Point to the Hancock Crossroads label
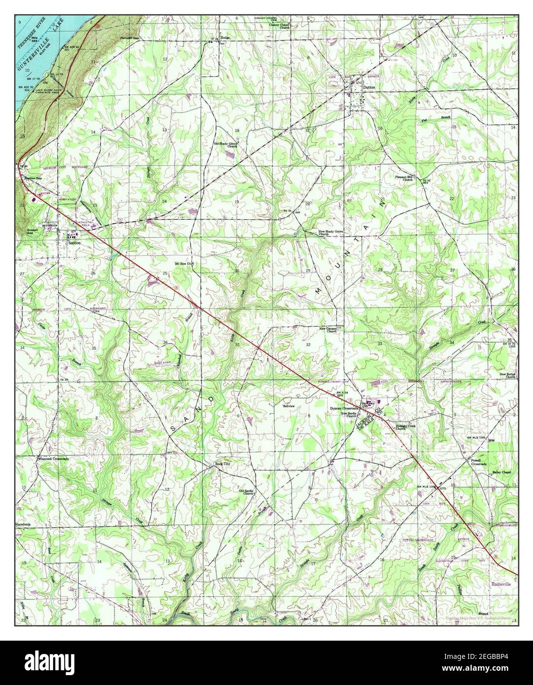pos(54,458)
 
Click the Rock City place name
pos(223,464)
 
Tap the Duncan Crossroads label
pos(343,409)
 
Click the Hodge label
pos(226,37)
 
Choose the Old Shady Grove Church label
pos(226,145)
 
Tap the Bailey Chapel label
pos(501,472)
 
